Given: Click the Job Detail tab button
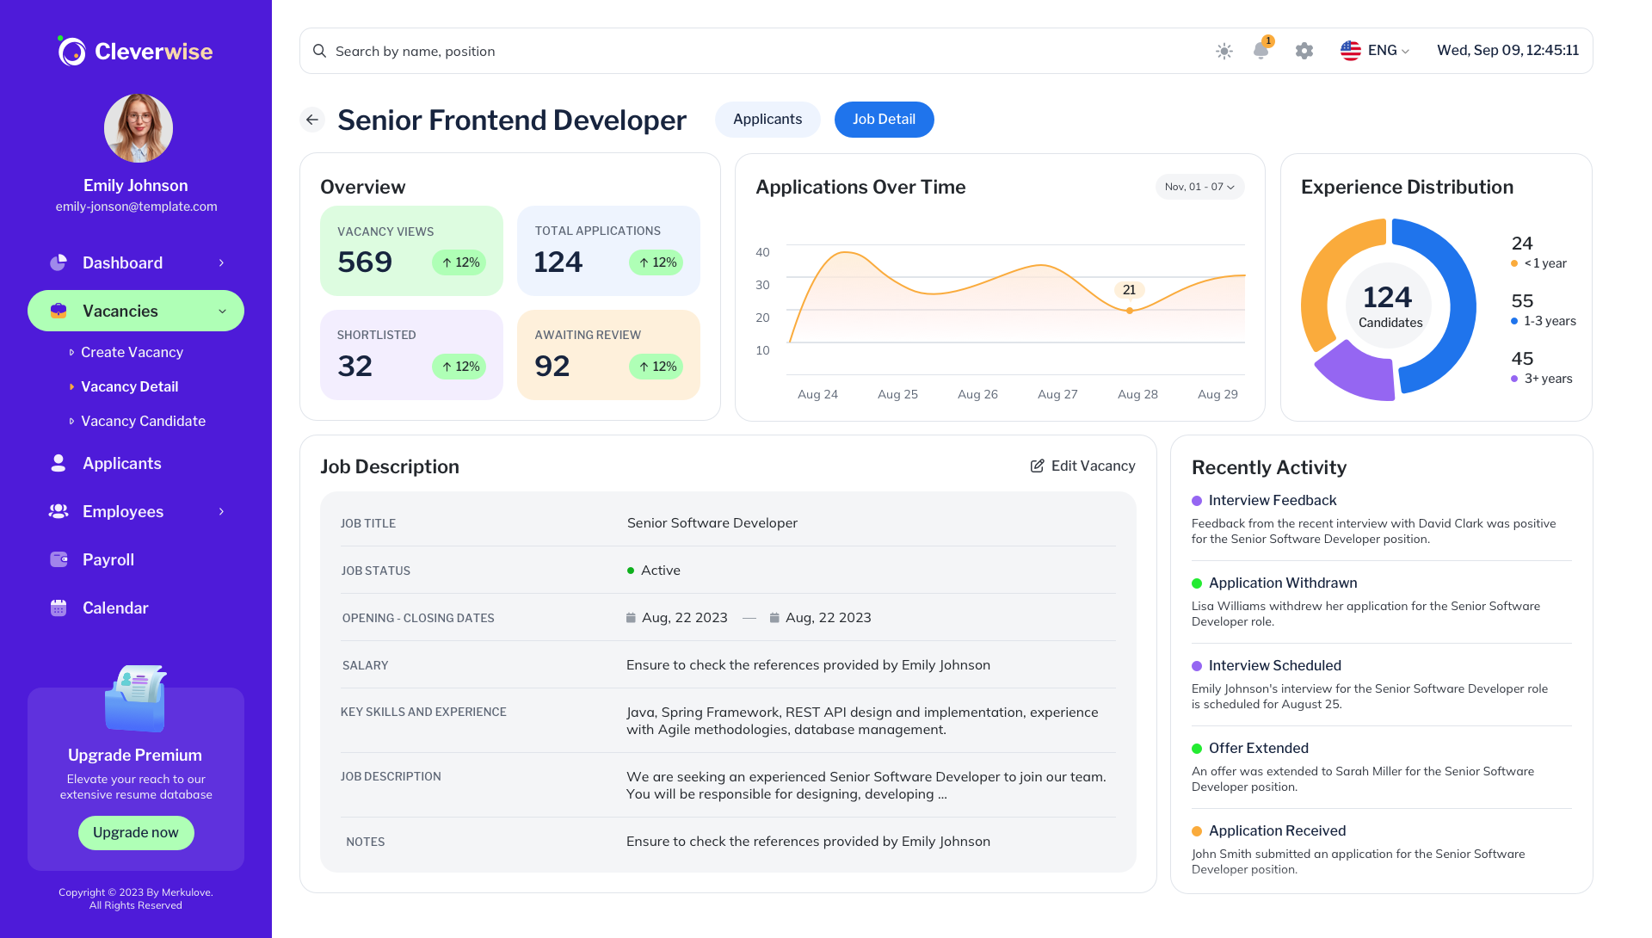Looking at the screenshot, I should click(x=884, y=120).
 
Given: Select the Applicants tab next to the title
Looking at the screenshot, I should click(x=767, y=120).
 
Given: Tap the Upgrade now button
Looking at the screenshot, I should click(x=136, y=832).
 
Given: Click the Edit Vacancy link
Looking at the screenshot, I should click(x=1082, y=466).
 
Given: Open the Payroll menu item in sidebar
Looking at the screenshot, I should click(x=108, y=559).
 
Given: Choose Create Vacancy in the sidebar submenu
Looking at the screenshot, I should click(x=132, y=352).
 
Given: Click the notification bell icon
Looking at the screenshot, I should click(x=1261, y=51).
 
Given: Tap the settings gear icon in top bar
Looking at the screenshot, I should click(x=1304, y=51).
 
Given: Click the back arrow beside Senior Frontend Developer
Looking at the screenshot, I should click(x=312, y=120).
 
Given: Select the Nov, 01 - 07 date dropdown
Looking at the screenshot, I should click(x=1199, y=187).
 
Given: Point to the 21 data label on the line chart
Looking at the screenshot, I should click(x=1129, y=290).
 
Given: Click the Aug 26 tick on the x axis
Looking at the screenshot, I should click(x=977, y=394).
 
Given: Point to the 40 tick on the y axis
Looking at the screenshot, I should click(x=762, y=252).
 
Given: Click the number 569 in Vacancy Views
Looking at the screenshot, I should click(x=365, y=262).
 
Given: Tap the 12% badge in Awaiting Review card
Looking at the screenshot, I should click(x=656, y=367).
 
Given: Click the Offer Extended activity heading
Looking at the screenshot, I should click(x=1258, y=748).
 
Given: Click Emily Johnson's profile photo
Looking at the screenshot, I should click(x=138, y=128).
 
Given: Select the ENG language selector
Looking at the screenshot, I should click(x=1375, y=51).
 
